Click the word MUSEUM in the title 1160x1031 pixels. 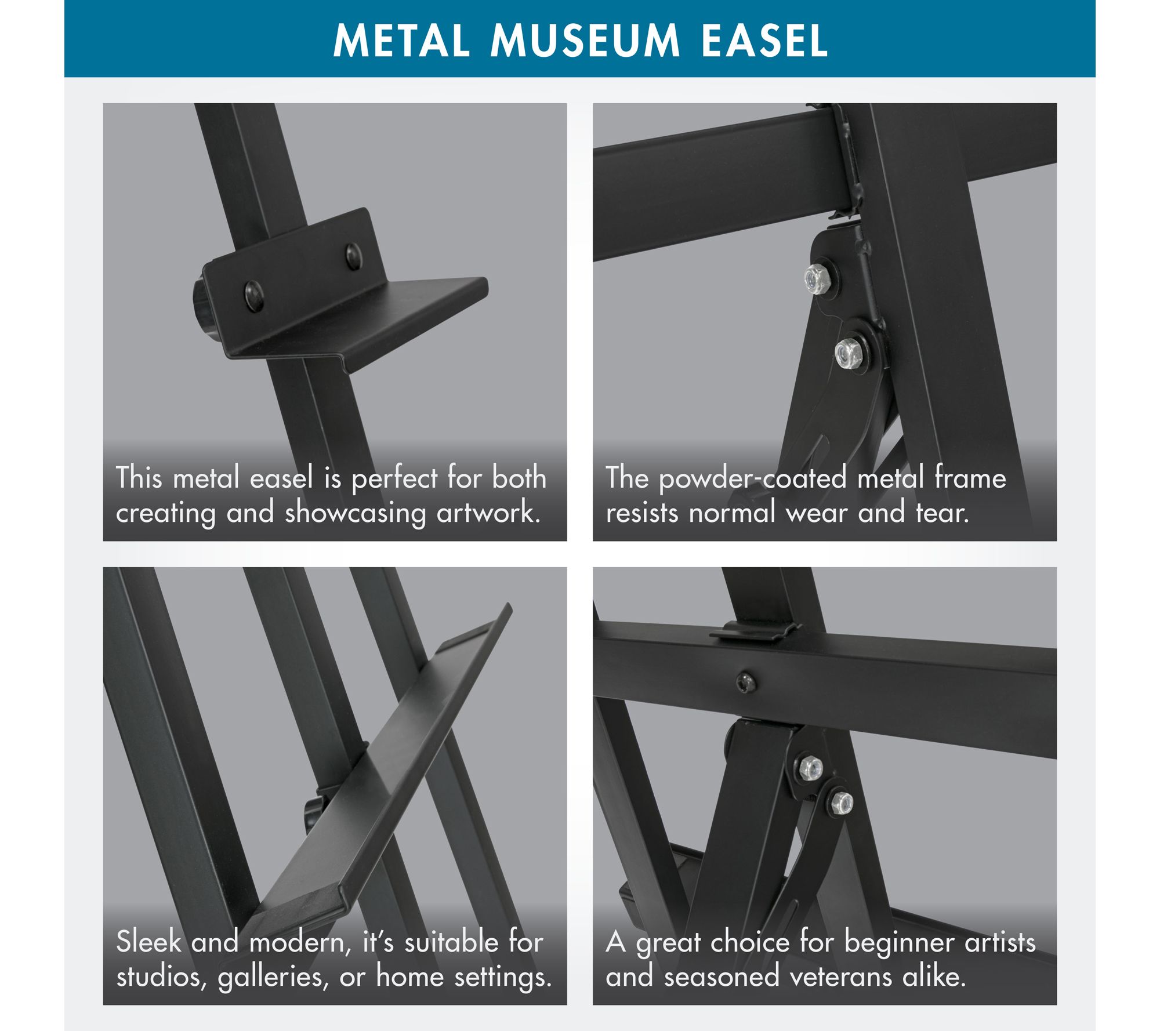[x=585, y=41]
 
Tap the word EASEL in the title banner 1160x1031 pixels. [x=764, y=41]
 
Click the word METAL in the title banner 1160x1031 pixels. [x=401, y=41]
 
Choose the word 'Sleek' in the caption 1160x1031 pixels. [x=149, y=942]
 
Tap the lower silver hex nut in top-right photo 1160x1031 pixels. [x=849, y=353]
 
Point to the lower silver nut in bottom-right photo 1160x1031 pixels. [x=841, y=803]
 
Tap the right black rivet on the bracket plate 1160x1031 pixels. [x=353, y=256]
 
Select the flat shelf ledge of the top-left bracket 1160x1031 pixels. [x=371, y=325]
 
